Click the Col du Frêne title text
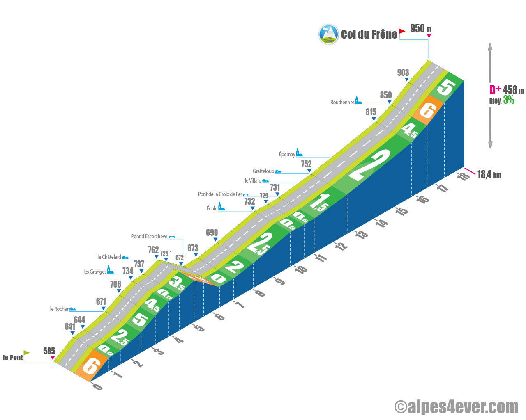[369, 34]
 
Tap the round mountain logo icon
[328, 34]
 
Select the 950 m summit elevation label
[420, 28]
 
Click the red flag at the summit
[402, 31]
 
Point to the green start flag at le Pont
[26, 353]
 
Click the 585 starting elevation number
[49, 351]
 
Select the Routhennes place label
[342, 102]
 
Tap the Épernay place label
[287, 154]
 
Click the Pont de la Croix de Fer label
[220, 194]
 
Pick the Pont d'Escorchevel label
[150, 236]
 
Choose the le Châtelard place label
[109, 257]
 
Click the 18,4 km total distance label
[489, 175]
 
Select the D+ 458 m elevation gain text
[506, 90]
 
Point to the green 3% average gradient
[508, 100]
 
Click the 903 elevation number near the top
[403, 73]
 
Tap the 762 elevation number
[153, 250]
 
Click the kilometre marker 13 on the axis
[362, 235]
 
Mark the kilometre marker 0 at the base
[97, 386]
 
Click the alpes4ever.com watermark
[456, 406]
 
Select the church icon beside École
[221, 206]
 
